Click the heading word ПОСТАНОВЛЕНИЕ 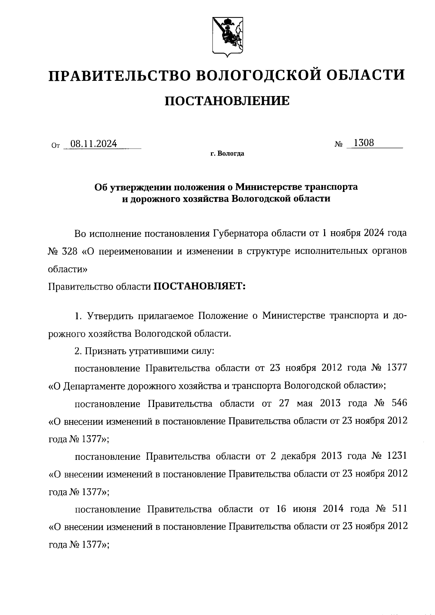click(227, 101)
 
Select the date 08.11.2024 click(94, 144)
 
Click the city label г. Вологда click(227, 154)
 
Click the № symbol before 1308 click(339, 145)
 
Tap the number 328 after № click(69, 252)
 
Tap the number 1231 click(397, 456)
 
